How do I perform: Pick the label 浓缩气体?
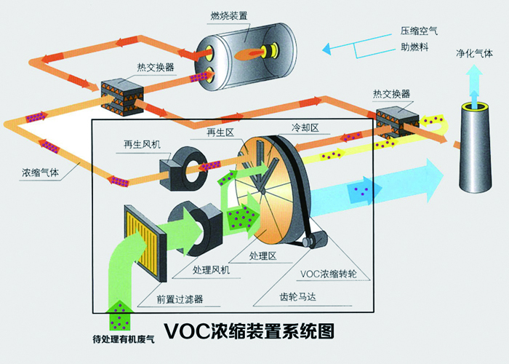tap(41, 174)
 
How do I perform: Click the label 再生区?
tap(212, 132)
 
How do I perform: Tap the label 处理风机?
tap(212, 270)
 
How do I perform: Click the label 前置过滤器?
tap(179, 298)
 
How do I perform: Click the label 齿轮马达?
tap(299, 296)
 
